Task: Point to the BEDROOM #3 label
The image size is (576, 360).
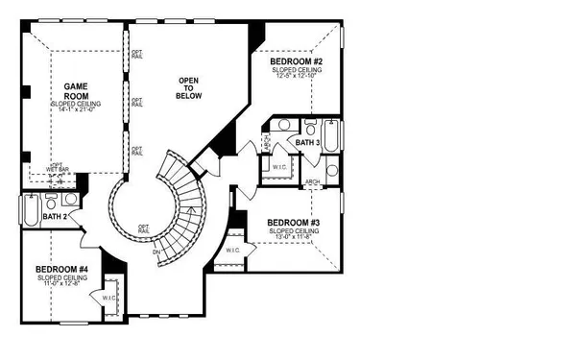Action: pyautogui.click(x=293, y=224)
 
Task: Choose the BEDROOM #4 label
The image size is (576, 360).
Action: pyautogui.click(x=62, y=270)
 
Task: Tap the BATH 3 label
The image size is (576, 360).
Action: pyautogui.click(x=307, y=142)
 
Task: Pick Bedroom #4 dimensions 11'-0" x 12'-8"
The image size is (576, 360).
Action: pyautogui.click(x=62, y=283)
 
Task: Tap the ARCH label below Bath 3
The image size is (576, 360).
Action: pyautogui.click(x=312, y=181)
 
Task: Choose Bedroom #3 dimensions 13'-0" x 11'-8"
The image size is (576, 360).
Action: pyautogui.click(x=293, y=237)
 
